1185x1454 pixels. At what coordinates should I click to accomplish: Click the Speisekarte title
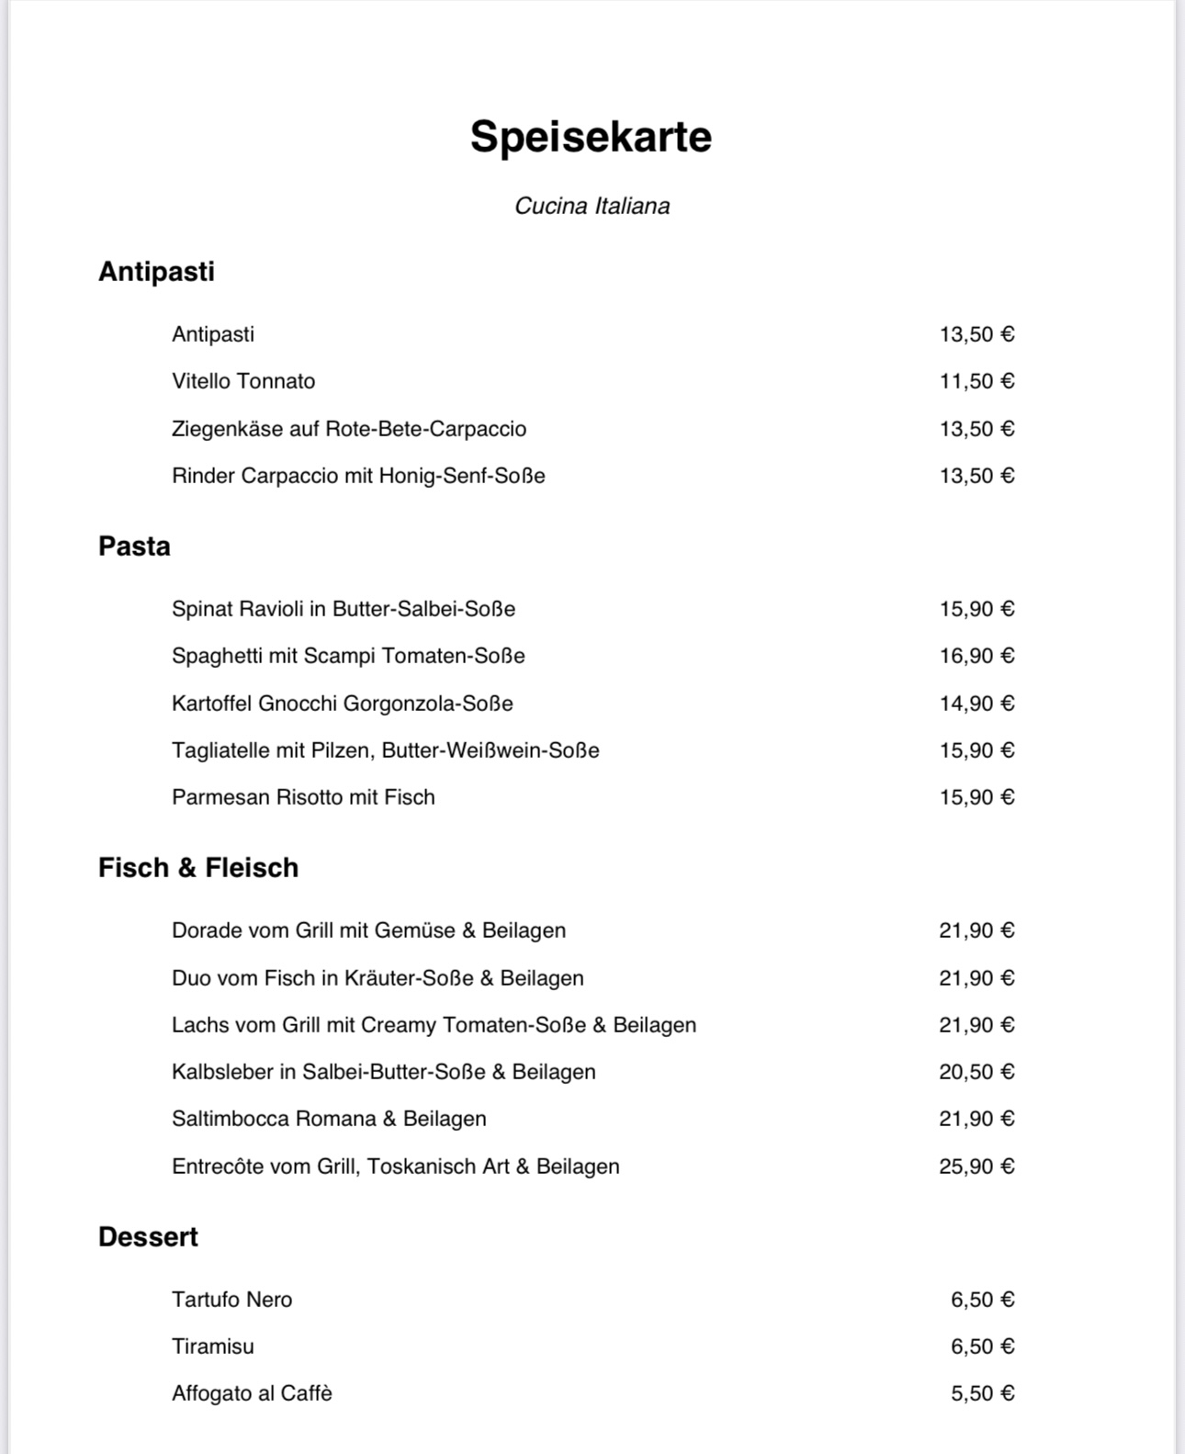point(591,137)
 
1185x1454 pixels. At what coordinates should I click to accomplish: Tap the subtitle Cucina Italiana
point(592,206)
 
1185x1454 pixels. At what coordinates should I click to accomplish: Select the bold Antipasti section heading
point(156,272)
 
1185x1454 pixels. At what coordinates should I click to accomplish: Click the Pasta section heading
point(134,547)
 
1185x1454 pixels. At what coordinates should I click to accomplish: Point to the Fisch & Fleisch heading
point(198,868)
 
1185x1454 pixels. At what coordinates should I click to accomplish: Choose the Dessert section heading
point(148,1237)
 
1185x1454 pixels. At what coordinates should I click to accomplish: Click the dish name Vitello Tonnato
point(243,381)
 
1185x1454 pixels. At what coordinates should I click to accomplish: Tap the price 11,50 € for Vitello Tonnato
point(976,381)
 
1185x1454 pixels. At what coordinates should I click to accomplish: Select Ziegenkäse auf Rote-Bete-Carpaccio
point(349,429)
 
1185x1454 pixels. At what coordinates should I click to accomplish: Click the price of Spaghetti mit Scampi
point(976,656)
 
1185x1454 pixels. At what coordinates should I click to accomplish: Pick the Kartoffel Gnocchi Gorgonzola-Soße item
point(342,704)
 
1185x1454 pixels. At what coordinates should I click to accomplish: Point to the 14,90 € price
point(976,704)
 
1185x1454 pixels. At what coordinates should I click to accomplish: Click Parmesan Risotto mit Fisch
point(303,797)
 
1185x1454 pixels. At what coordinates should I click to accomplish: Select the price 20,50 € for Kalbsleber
point(976,1072)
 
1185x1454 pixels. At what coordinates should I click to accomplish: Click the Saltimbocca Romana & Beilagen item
point(329,1119)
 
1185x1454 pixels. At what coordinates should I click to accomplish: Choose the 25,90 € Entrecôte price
point(976,1167)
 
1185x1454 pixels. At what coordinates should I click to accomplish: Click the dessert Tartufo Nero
point(231,1300)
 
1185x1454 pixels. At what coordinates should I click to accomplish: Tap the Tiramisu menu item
point(213,1347)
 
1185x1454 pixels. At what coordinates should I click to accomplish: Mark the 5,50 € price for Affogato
point(982,1393)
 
